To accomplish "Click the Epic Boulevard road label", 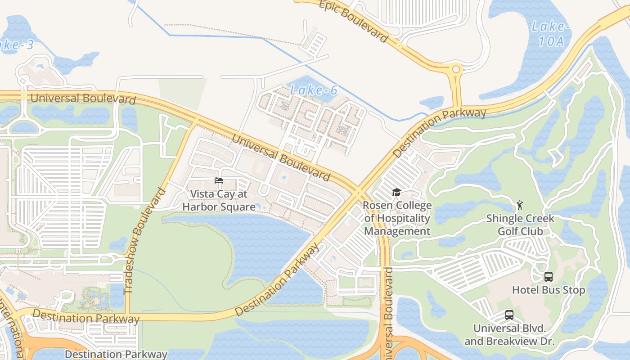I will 353,20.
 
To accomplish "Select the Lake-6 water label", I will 314,90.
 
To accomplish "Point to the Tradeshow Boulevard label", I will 145,241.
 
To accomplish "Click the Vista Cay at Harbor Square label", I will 219,200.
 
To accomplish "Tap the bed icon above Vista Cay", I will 219,180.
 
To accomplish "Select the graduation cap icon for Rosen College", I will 396,193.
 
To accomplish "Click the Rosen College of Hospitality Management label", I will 397,218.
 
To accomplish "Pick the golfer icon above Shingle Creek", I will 520,205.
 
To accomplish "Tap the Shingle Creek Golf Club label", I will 520,225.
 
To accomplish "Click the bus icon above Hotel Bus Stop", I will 548,276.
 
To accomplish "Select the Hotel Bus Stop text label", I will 548,290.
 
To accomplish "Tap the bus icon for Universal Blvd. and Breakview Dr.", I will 509,315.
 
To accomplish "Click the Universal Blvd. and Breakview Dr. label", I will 509,335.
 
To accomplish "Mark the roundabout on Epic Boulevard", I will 456,69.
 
